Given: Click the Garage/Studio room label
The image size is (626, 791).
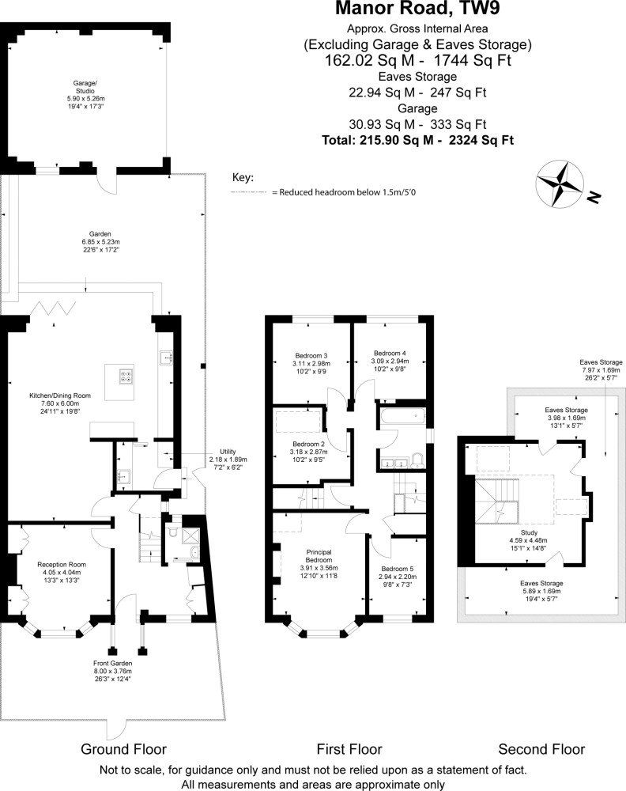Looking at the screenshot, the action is tap(85, 94).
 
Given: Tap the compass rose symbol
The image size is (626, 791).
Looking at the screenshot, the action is tap(560, 184).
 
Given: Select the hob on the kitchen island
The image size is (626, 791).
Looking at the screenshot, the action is tap(126, 377).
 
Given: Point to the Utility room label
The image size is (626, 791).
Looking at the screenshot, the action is tap(228, 460).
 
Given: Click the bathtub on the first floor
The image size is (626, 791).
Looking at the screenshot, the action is tap(402, 417).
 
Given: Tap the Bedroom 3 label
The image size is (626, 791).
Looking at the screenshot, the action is tap(311, 363).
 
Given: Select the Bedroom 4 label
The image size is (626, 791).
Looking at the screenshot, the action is tap(390, 361).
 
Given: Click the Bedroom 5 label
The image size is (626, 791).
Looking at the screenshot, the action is tap(397, 576).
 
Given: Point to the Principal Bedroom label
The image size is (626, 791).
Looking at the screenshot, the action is tap(319, 563).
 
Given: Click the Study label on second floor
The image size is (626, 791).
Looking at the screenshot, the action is tap(529, 540).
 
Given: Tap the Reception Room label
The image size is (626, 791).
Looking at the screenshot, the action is tap(62, 572).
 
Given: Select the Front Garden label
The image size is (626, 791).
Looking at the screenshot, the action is tap(112, 671).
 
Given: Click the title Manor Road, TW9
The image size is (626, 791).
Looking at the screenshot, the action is tap(417, 9).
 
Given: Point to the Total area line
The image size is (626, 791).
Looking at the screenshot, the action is tap(418, 140).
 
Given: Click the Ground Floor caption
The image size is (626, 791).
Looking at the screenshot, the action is tap(123, 749).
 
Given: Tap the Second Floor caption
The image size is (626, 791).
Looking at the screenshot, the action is tap(541, 749).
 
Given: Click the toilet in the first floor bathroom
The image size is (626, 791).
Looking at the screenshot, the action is tap(418, 460).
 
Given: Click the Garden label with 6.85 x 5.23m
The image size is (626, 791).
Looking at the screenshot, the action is tap(100, 241).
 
